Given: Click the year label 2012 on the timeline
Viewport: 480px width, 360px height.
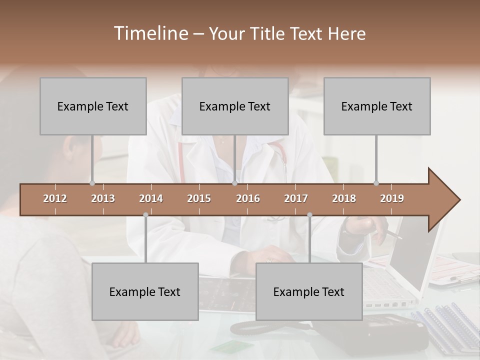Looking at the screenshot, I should point(55,198).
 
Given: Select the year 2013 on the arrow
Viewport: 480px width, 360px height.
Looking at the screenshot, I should point(103,198).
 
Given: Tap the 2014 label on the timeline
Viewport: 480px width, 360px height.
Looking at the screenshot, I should point(151,198).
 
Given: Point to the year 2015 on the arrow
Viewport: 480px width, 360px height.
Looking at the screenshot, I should point(199,198).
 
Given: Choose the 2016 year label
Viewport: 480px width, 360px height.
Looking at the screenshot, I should point(248,198).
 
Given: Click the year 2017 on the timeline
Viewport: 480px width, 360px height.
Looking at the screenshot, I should point(296,198).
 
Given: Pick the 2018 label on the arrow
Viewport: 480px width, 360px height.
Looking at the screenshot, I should point(344,198).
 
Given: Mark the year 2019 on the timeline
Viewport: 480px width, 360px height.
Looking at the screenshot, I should point(392,198).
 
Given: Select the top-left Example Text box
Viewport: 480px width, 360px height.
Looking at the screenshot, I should point(93,106).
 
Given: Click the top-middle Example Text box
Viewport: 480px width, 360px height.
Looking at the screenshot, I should point(235,106).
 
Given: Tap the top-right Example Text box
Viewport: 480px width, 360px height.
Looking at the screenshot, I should point(377,106).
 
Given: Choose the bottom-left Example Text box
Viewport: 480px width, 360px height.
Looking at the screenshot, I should point(145,291).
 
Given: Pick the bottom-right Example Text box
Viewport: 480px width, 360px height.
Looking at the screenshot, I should point(309,291).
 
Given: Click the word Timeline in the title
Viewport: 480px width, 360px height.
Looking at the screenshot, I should point(150,33).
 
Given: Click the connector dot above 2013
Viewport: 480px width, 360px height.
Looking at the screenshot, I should point(92,183).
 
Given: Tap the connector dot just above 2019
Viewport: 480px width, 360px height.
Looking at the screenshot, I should point(376,183).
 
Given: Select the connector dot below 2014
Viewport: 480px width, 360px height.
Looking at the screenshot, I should point(145,215).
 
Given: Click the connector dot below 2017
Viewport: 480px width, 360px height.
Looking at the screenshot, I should point(309,215).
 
